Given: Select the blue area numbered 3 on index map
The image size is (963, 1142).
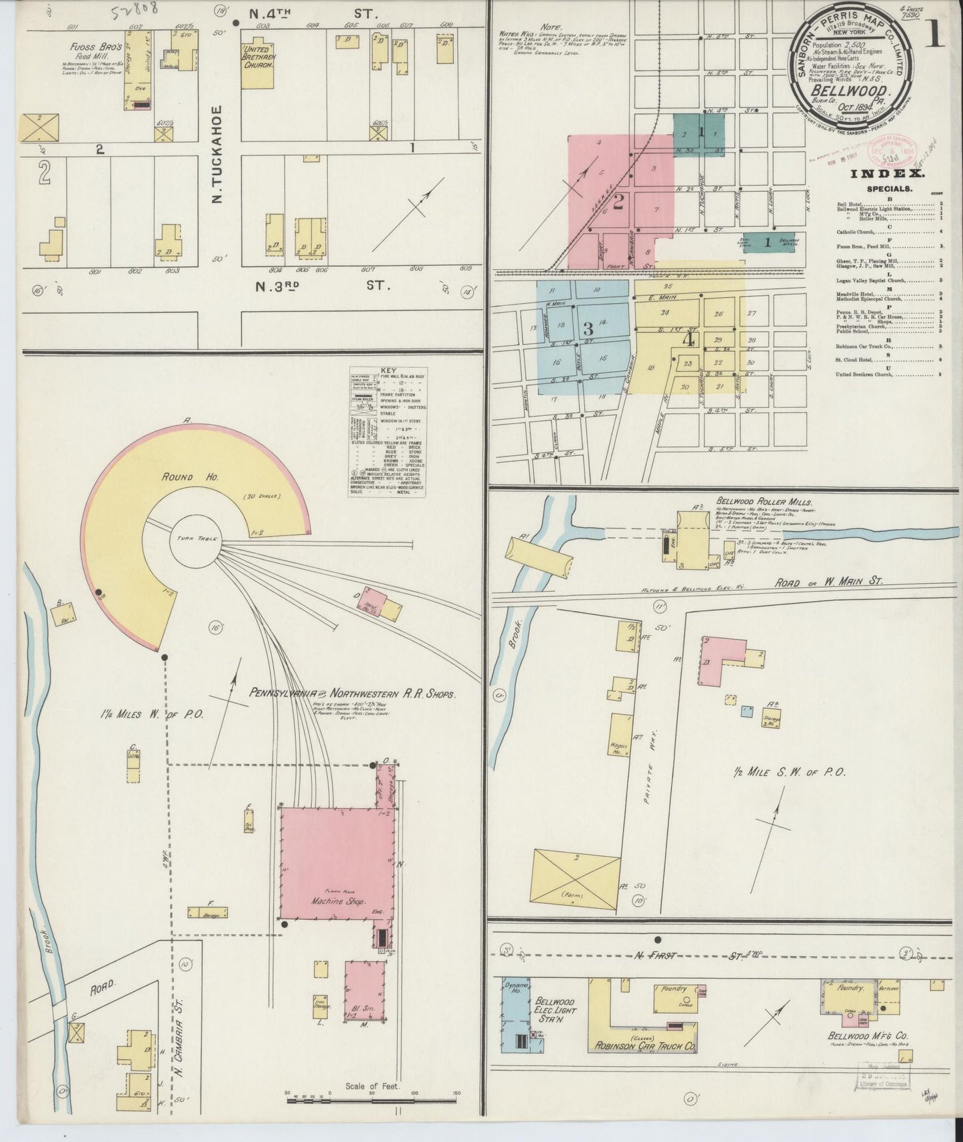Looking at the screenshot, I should pyautogui.click(x=586, y=329).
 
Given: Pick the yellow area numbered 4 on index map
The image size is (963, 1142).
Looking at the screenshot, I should pyautogui.click(x=688, y=338).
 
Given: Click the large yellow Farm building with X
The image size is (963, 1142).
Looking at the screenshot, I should pyautogui.click(x=575, y=880).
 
